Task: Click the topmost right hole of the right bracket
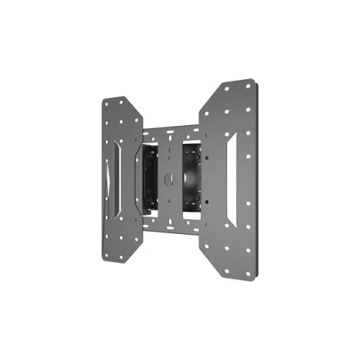tap(249, 87)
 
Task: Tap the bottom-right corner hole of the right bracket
tap(249, 266)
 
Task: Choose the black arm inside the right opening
tap(192, 180)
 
